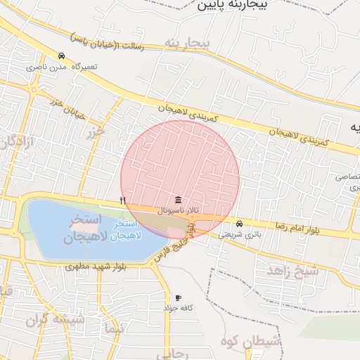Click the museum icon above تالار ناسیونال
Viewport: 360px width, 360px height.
pyautogui.click(x=176, y=200)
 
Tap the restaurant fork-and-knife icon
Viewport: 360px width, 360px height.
pyautogui.click(x=123, y=200)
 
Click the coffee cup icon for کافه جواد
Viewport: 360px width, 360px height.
pyautogui.click(x=178, y=298)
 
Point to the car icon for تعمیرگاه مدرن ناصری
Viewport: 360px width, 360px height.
pyautogui.click(x=62, y=56)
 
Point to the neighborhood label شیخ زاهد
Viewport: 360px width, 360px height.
pyautogui.click(x=293, y=269)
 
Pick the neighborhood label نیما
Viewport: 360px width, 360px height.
pyautogui.click(x=112, y=328)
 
